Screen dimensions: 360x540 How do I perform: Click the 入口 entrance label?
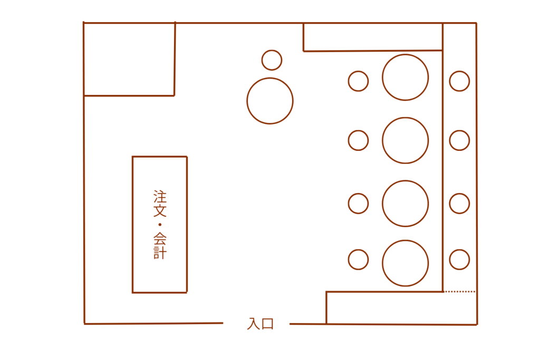point(261,324)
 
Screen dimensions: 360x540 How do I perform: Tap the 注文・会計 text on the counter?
point(160,225)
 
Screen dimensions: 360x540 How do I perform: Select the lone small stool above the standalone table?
point(272,60)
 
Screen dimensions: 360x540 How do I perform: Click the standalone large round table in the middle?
point(270,101)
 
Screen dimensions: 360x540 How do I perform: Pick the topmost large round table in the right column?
point(405,77)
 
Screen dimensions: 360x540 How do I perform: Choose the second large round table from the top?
point(405,140)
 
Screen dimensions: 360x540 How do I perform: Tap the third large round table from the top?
point(405,203)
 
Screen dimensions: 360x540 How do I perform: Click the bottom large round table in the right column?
point(405,263)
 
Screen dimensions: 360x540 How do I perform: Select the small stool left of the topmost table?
point(358,81)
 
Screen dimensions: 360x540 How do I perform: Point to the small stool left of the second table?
point(358,140)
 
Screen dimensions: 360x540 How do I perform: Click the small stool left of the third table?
point(358,203)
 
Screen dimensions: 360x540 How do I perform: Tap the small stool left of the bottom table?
point(358,259)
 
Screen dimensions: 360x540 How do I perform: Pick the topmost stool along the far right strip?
point(459,81)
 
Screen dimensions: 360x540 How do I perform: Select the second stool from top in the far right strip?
point(459,140)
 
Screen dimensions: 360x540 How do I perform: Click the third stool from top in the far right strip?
point(459,203)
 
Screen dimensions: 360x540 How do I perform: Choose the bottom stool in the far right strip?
point(459,259)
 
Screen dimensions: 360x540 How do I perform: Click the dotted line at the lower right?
point(459,291)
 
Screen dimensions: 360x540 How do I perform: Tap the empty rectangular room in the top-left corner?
point(129,59)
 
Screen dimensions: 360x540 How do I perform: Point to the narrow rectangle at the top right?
point(372,37)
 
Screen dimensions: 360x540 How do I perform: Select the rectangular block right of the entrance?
point(401,308)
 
